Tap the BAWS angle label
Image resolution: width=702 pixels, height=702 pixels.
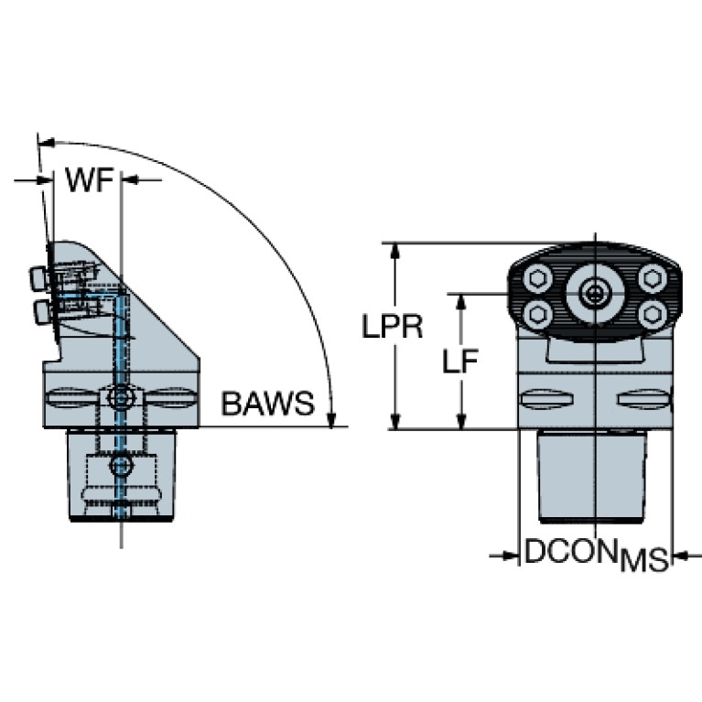tap(266, 403)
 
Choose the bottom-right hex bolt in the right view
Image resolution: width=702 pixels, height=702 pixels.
tap(652, 315)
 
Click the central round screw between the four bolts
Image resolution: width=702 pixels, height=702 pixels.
tap(596, 294)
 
